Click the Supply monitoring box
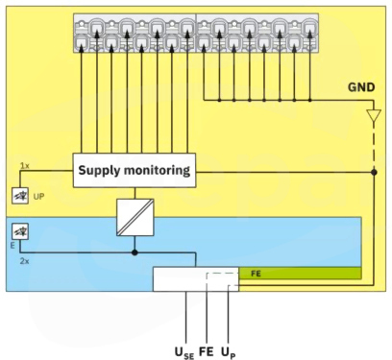coord(135,170)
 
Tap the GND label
coord(361,87)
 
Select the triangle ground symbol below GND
coord(374,115)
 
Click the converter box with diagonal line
coord(135,217)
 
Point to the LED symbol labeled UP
coord(20,196)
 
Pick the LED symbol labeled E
coord(20,231)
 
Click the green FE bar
coord(300,274)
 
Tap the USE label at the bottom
coord(184,352)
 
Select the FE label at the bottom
coord(207,351)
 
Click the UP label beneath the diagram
coord(229,352)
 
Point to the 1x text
coord(25,166)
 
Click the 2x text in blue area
coord(24,261)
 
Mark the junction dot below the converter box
coord(135,252)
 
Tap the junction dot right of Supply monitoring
coord(374,172)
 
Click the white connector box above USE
coord(196,279)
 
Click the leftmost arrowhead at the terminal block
coord(81,48)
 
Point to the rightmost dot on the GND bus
coord(309,100)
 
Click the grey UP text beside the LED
coord(38,197)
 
